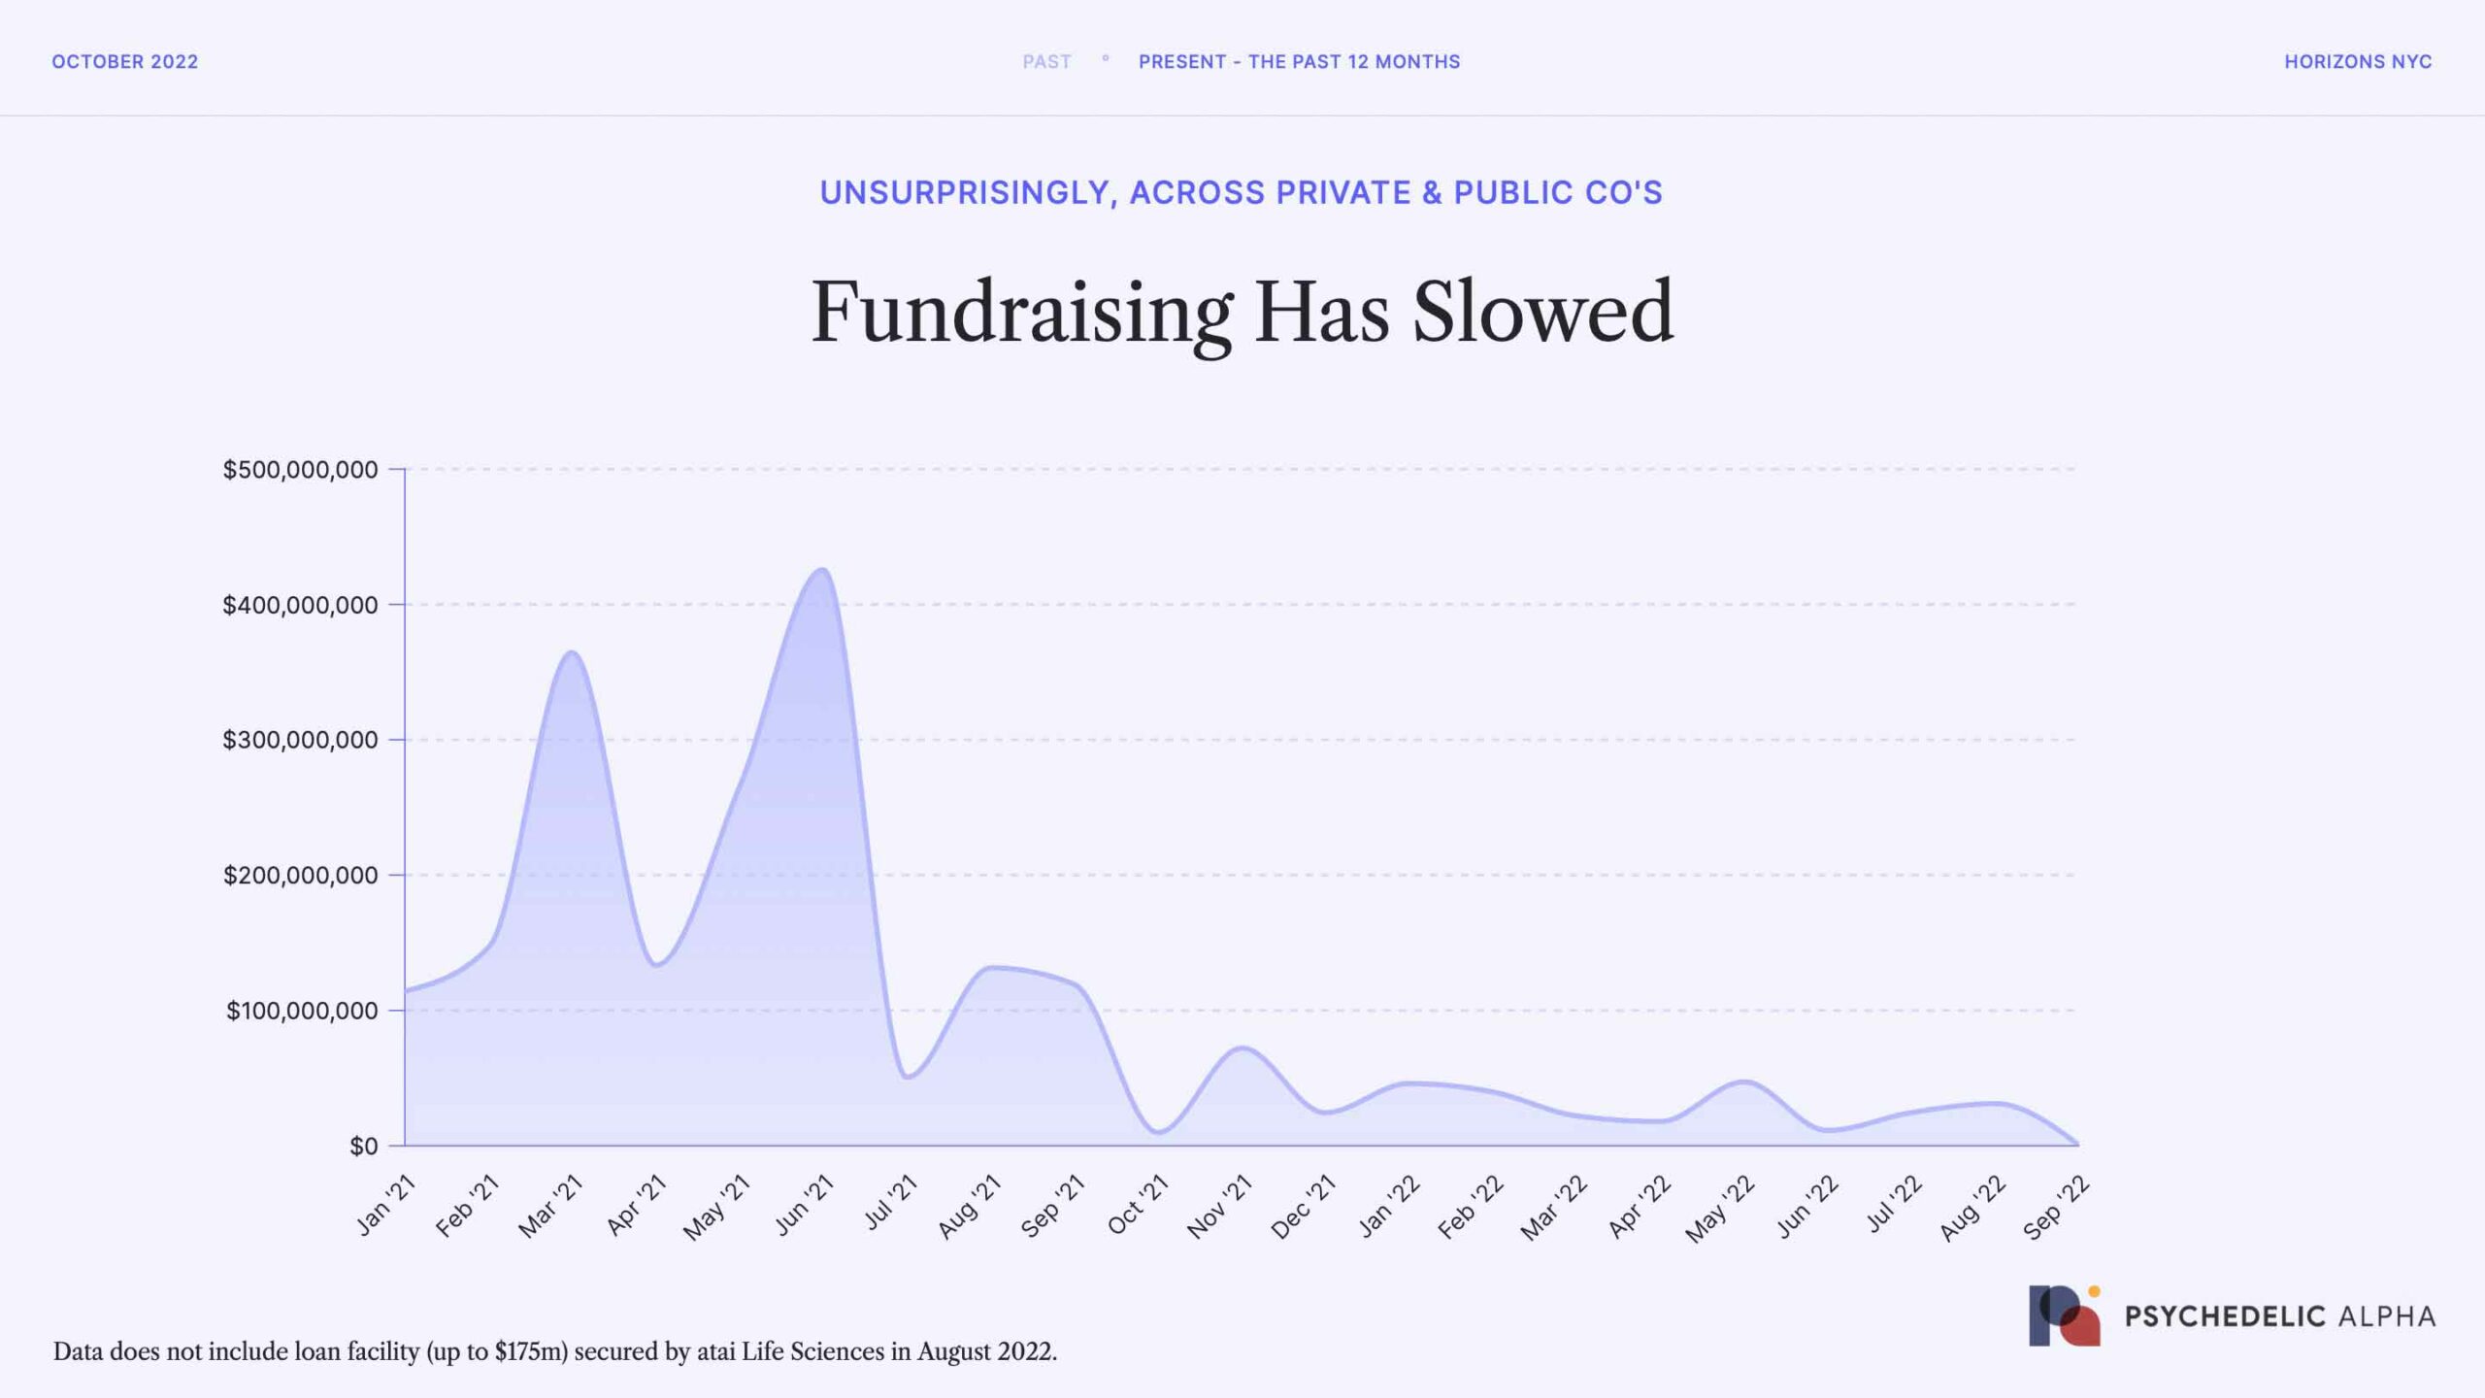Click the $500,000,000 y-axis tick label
click(x=300, y=470)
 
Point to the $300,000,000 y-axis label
click(x=300, y=740)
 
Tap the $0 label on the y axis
click(x=364, y=1147)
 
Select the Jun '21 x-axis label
click(x=805, y=1205)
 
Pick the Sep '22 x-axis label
click(x=2056, y=1207)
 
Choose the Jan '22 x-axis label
click(x=1389, y=1206)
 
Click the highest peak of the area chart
click(x=822, y=570)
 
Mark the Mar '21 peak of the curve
click(x=572, y=652)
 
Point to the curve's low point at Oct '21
click(x=1158, y=1132)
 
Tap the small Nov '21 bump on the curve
click(x=1242, y=1048)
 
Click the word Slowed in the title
click(x=1542, y=312)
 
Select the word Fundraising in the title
click(x=1021, y=312)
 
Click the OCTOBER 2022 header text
click(x=125, y=62)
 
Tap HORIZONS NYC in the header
click(x=2358, y=62)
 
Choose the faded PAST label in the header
click(x=1046, y=62)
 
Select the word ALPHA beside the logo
click(x=2387, y=1316)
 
